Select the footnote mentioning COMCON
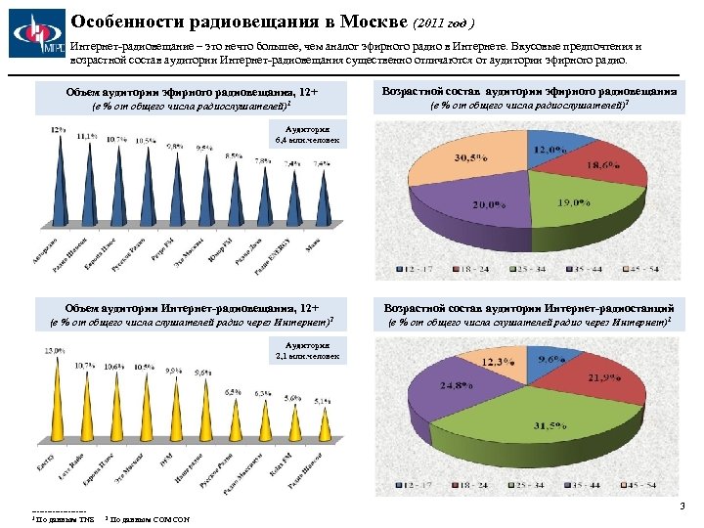click(147, 517)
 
